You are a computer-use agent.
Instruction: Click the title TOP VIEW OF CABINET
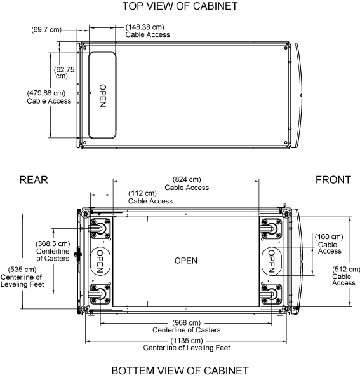tap(180, 6)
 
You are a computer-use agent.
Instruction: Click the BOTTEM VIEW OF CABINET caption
tap(180, 371)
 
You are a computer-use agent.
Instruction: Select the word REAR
tap(34, 180)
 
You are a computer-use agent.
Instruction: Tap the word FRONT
tap(333, 180)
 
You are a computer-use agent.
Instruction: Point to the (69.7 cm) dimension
tap(46, 30)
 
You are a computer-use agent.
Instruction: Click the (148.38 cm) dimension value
tap(145, 27)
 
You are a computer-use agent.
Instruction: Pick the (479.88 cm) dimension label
tap(46, 93)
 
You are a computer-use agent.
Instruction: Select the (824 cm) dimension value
tap(187, 179)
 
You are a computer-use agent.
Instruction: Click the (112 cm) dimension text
tap(142, 193)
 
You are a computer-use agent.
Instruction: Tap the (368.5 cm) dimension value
tap(53, 243)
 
